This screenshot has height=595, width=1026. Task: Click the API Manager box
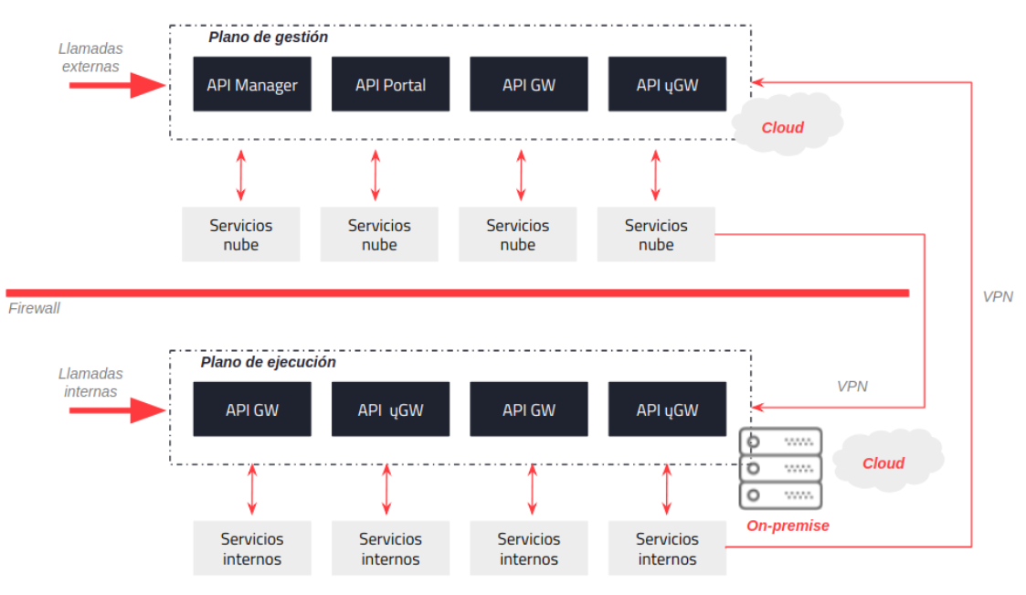pos(251,84)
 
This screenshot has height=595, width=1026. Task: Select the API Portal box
pos(390,84)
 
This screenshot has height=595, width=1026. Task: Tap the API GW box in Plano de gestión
pos(528,84)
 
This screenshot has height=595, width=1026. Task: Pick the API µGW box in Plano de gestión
pos(667,84)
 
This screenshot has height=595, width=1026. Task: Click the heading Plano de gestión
pos(268,37)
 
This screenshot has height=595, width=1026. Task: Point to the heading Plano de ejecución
pos(268,362)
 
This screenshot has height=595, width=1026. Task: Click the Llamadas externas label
pos(90,57)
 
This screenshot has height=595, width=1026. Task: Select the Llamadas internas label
pos(90,382)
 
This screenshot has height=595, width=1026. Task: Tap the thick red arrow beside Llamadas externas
pos(116,85)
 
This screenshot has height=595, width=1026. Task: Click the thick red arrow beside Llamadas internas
pos(116,409)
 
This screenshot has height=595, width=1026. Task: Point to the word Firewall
pos(34,308)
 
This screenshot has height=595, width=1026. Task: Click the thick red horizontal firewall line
pos(457,292)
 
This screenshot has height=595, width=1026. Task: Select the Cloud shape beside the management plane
pos(783,127)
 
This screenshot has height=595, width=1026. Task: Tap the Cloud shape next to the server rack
pos(883,462)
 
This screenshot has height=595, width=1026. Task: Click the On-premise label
pos(788,526)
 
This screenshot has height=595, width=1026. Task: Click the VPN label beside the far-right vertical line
pos(998,296)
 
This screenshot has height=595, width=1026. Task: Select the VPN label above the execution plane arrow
pos(851,386)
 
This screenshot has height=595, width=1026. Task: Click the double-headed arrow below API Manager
pos(241,175)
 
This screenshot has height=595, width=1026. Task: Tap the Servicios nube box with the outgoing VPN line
pos(655,235)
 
